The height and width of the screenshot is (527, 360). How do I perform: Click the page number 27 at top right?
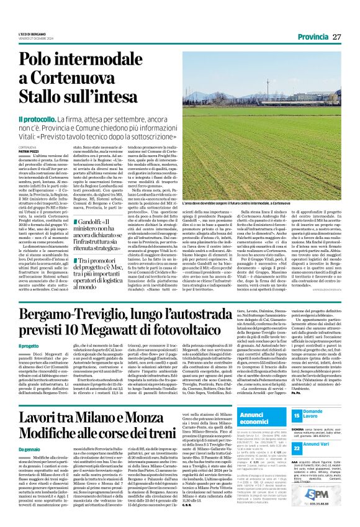337,37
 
